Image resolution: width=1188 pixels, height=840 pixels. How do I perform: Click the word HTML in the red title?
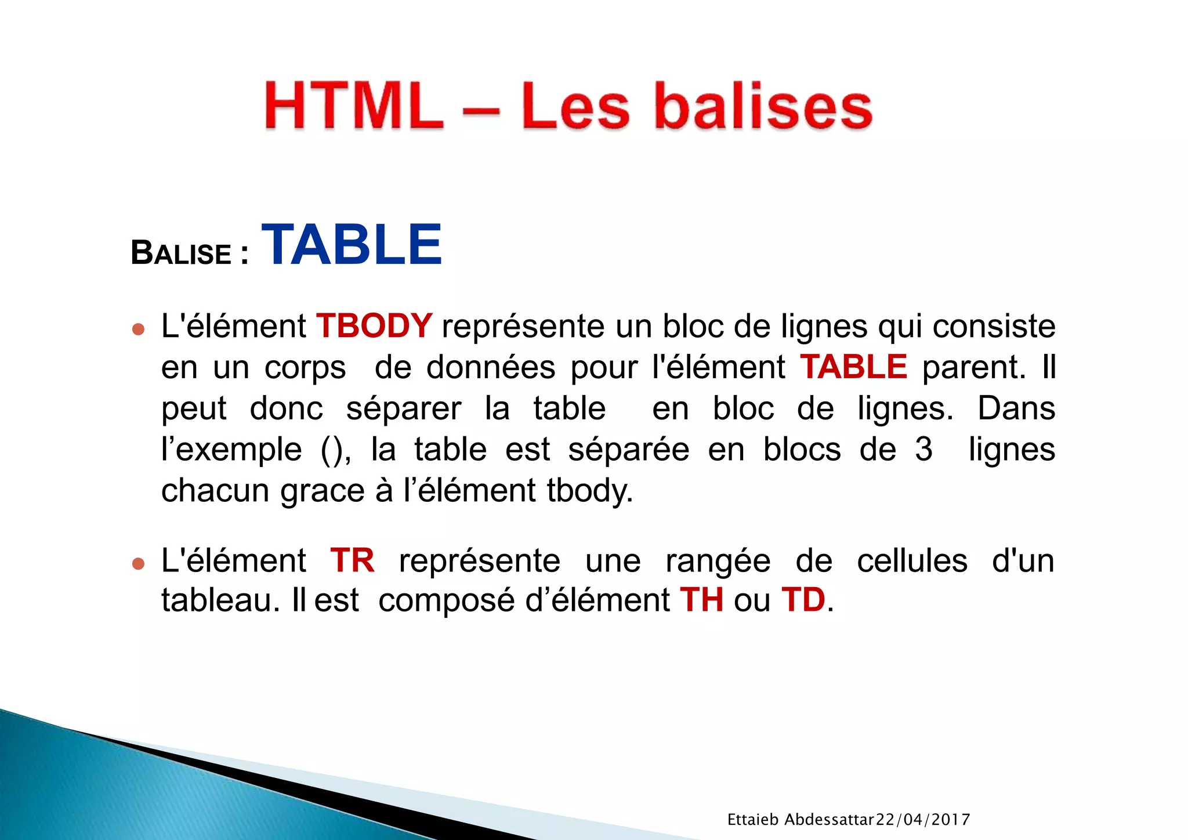point(354,106)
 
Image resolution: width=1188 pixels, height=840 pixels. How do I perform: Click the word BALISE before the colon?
point(182,254)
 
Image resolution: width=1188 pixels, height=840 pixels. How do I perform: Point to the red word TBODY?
point(374,325)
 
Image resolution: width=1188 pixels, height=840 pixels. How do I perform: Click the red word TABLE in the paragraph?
point(853,367)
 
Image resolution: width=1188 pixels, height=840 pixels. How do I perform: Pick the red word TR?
point(352,560)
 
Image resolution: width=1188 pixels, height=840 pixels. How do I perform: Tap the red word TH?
point(702,600)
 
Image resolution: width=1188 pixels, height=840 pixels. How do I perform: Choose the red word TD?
point(803,600)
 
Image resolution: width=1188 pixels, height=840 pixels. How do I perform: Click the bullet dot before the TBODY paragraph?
point(138,330)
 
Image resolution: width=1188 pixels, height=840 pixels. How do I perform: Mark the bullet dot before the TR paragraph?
point(138,563)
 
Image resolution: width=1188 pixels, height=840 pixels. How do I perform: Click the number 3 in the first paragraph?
point(923,449)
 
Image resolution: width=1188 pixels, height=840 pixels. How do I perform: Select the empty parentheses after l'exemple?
point(335,450)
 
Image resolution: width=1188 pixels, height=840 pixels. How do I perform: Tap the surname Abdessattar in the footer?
point(829,820)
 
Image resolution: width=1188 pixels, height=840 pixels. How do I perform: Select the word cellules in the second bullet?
point(912,560)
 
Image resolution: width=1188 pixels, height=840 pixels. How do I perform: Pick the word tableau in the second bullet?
point(216,600)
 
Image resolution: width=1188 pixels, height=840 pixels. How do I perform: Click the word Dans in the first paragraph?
point(1016,408)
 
